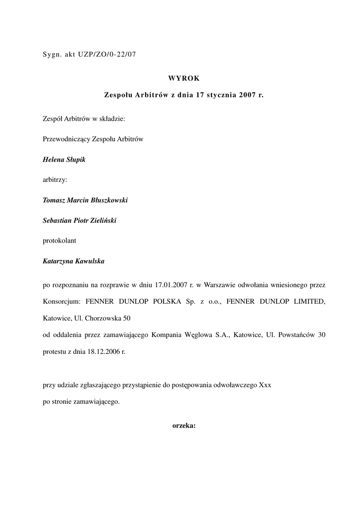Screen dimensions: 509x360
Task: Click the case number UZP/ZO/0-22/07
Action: point(107,55)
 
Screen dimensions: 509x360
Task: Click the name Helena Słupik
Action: point(65,160)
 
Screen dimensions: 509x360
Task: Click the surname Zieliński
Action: point(101,220)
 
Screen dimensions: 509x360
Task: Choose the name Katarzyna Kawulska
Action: point(74,261)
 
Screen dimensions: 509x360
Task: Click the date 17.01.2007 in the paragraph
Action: point(171,285)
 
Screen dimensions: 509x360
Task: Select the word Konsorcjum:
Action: point(62,301)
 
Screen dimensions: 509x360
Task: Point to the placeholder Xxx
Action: point(265,385)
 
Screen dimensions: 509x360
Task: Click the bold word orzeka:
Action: point(184,425)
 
